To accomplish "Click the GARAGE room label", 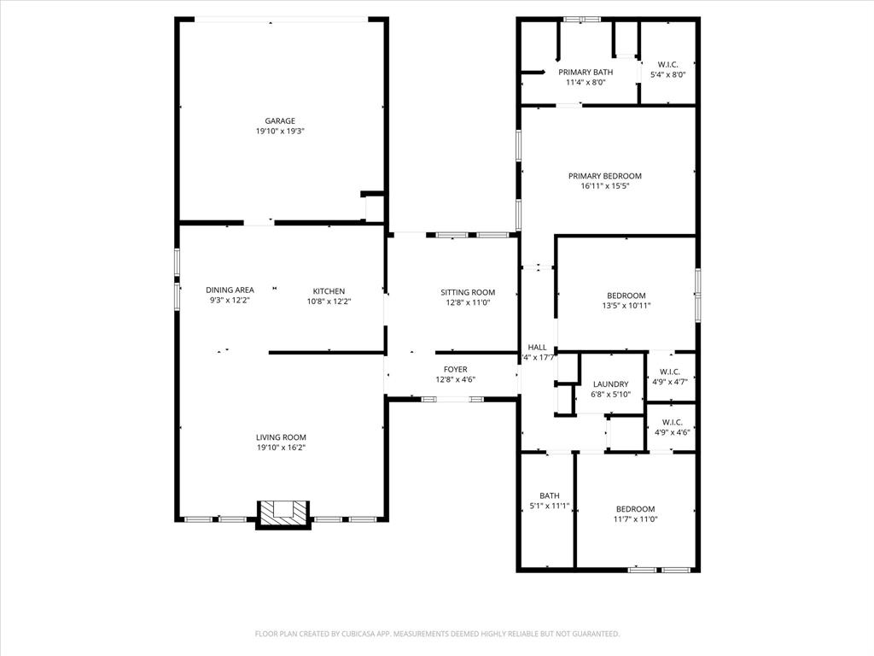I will (x=280, y=121).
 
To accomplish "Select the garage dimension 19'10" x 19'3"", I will (x=280, y=132).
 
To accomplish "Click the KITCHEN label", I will (x=329, y=291).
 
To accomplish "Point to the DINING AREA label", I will (x=230, y=290).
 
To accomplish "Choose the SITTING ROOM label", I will (x=468, y=292).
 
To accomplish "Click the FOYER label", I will (x=455, y=370).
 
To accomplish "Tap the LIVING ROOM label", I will (x=281, y=437).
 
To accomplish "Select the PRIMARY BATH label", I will (x=586, y=73).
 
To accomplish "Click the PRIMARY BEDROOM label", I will (x=604, y=176).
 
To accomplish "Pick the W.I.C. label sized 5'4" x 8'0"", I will (x=668, y=64).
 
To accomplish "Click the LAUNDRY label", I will (x=610, y=384).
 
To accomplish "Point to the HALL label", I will (x=537, y=348).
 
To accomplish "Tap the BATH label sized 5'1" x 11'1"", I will (x=549, y=495).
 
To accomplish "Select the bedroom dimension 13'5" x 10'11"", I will (x=626, y=306).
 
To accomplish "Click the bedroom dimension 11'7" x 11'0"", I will (x=636, y=519).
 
